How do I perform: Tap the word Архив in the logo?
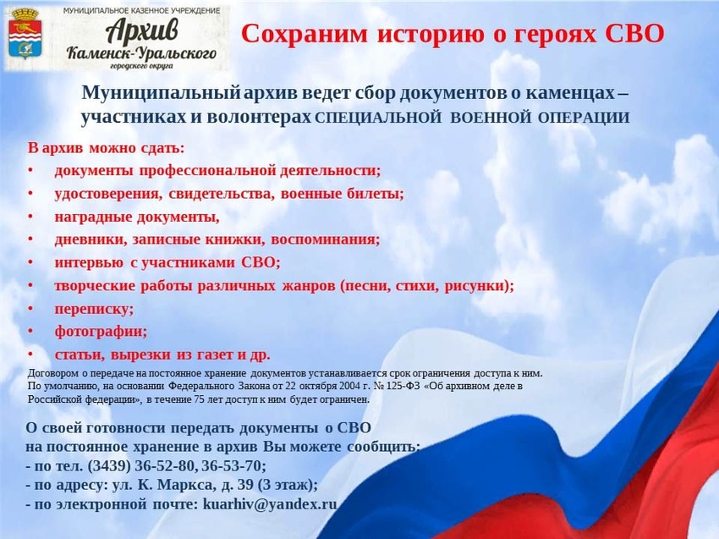pyautogui.click(x=142, y=31)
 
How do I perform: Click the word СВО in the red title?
pyautogui.click(x=634, y=34)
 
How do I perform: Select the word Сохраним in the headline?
pyautogui.click(x=305, y=34)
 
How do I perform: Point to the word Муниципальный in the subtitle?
pyautogui.click(x=161, y=93)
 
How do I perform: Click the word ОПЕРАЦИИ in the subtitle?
pyautogui.click(x=584, y=118)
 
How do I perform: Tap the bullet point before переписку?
pyautogui.click(x=30, y=308)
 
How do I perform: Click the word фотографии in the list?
pyautogui.click(x=101, y=331)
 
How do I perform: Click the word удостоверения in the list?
pyautogui.click(x=108, y=194)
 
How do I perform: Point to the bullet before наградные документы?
pyautogui.click(x=30, y=216)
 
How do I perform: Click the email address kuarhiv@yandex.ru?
pyautogui.click(x=270, y=504)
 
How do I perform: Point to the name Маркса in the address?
pyautogui.click(x=185, y=486)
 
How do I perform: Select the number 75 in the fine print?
pyautogui.click(x=199, y=399)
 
